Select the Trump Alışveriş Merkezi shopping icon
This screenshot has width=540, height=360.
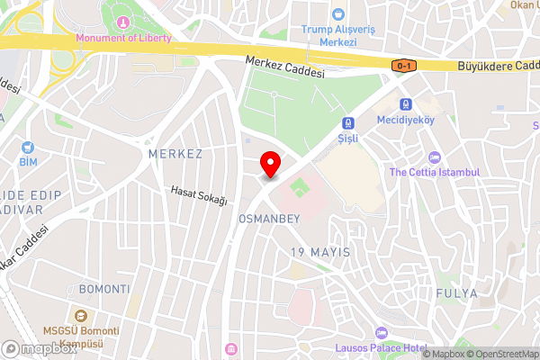click(x=337, y=14)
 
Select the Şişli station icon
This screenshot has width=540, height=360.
click(x=346, y=123)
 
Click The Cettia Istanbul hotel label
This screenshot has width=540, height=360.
click(x=435, y=172)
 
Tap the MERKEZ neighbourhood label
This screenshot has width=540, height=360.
click(x=175, y=154)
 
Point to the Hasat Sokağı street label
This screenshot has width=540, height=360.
click(x=200, y=194)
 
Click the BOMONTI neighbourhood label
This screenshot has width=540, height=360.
click(x=104, y=289)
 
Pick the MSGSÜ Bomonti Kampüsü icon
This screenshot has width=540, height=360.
click(x=81, y=316)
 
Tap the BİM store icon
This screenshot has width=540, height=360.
click(x=29, y=147)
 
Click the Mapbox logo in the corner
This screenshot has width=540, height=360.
click(x=40, y=348)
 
